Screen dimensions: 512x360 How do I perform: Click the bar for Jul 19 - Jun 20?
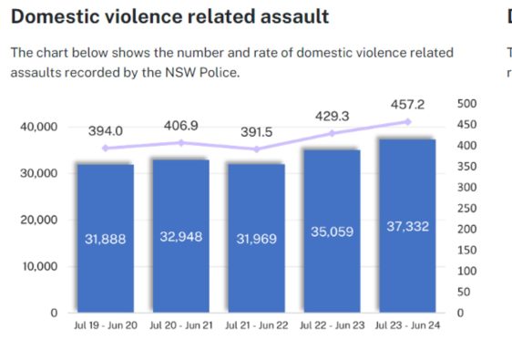point(106,238)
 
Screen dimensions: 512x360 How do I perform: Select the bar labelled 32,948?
point(181,236)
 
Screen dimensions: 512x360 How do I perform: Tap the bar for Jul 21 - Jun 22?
point(256,238)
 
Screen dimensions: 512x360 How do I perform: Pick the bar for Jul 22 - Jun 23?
point(333,231)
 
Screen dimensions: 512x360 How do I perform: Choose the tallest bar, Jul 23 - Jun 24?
point(407,226)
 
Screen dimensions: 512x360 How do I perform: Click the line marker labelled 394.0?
point(105,149)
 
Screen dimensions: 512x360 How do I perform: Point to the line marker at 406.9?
point(181,143)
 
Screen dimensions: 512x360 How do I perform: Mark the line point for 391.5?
point(257,149)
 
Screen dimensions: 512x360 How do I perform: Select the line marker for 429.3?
point(333,133)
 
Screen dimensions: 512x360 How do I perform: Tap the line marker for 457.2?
point(407,122)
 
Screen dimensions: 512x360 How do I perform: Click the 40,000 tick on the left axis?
point(39,127)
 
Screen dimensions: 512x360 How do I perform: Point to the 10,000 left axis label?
point(40,266)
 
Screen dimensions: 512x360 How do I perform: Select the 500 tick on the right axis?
point(467,104)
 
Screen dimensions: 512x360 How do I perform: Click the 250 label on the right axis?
point(467,208)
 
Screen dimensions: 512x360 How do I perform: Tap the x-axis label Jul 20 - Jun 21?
point(181,325)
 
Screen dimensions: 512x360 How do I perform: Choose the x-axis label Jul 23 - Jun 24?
point(407,325)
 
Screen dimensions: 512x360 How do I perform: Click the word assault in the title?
point(294,16)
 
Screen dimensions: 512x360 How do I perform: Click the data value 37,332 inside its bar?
point(407,226)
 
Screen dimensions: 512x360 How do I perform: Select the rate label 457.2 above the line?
point(407,105)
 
